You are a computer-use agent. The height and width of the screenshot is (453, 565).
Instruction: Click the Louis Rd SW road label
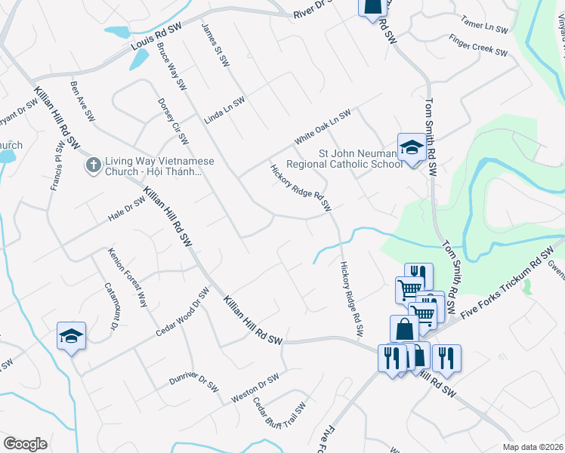tap(157, 37)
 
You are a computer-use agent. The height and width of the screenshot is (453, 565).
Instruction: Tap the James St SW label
tap(215, 45)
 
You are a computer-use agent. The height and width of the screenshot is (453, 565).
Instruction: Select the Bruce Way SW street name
tap(171, 64)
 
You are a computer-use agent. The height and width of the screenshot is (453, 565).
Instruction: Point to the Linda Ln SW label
tap(225, 111)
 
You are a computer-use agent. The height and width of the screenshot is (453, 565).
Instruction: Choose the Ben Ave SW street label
tap(82, 101)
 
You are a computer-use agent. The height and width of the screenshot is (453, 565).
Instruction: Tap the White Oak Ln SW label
tap(323, 127)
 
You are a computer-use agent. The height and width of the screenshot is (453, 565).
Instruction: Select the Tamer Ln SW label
tap(486, 26)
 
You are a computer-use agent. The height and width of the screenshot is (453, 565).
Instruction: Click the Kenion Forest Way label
tap(126, 277)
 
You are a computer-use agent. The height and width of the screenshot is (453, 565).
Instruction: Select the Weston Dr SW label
tap(255, 385)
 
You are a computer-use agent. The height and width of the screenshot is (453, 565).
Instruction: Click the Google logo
tap(25, 443)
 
